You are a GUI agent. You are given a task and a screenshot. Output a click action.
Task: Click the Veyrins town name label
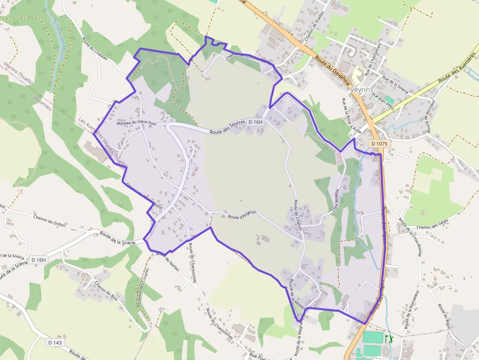pyautogui.click(x=362, y=90)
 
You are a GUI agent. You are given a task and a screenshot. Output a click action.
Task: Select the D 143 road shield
pyautogui.click(x=55, y=342)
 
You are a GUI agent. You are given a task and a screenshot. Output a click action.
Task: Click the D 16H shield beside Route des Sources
pyautogui.click(x=256, y=122)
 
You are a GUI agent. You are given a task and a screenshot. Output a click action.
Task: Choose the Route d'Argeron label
pyautogui.click(x=242, y=217)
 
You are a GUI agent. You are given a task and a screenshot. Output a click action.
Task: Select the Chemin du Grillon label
pyautogui.click(x=50, y=219)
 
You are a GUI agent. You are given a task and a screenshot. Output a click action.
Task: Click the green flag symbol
pyautogui.click(x=389, y=338)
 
